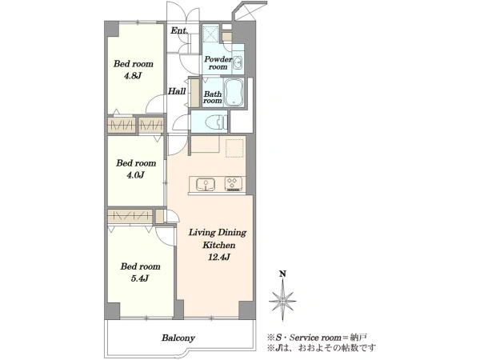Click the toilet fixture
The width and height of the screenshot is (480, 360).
click(x=221, y=122)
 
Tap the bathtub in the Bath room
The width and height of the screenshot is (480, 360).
click(x=234, y=93)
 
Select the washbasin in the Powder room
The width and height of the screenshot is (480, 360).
click(x=238, y=63)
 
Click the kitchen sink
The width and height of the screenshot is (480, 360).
click(x=206, y=185)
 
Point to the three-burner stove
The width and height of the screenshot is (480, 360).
click(x=234, y=184)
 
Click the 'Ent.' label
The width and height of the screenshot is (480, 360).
click(x=179, y=30)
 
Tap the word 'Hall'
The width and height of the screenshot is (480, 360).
click(x=177, y=91)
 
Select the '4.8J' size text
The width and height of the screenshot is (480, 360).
click(x=133, y=76)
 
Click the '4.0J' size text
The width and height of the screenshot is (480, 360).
click(x=135, y=174)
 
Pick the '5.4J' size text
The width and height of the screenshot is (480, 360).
click(x=139, y=278)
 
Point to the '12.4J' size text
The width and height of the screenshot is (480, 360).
click(x=219, y=257)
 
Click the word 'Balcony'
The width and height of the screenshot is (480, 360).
click(x=178, y=338)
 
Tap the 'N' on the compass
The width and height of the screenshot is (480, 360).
click(x=282, y=274)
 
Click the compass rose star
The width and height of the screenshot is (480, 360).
click(x=282, y=300)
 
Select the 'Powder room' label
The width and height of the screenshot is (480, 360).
click(x=218, y=62)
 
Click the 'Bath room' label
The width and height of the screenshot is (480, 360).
click(x=213, y=97)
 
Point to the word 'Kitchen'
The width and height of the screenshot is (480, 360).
click(x=219, y=245)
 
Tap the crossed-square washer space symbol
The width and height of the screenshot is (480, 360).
click(x=210, y=34)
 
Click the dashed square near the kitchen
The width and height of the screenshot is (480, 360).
click(x=234, y=148)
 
